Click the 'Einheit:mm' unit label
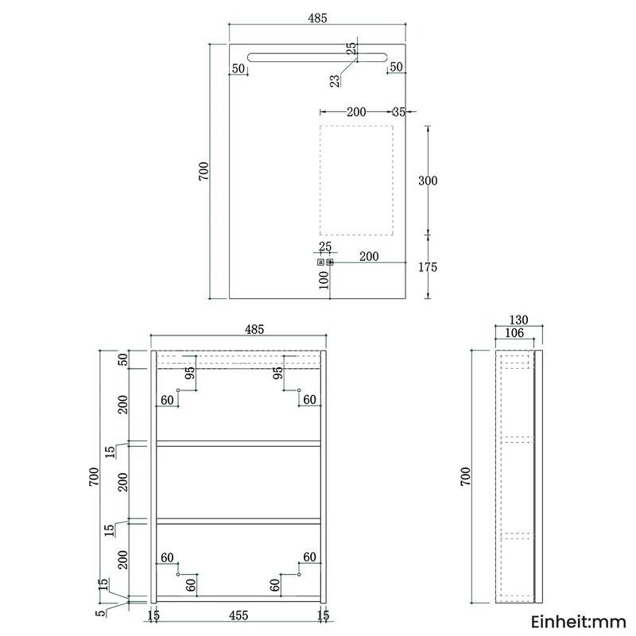[x=579, y=622]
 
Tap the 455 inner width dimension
[x=238, y=615]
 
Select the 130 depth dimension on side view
[x=519, y=320]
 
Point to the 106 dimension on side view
[x=514, y=333]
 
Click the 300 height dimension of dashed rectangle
[x=428, y=180]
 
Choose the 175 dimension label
[x=428, y=267]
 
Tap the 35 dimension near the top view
[x=399, y=112]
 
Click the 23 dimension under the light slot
[x=335, y=81]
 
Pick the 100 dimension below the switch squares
[x=324, y=280]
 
